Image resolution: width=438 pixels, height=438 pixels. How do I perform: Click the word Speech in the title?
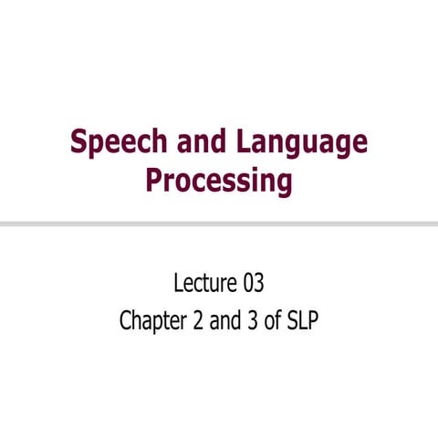tap(117, 143)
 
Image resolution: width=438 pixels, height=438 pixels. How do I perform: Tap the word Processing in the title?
tap(219, 180)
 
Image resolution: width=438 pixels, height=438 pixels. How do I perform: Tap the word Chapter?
tap(151, 322)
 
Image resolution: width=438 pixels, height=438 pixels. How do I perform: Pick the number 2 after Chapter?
tap(198, 322)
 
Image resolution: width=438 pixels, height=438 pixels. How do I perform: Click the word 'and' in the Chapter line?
tap(224, 322)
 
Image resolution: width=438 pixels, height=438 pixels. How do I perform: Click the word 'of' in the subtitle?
tap(271, 322)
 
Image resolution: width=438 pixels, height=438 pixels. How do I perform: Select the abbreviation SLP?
tap(301, 322)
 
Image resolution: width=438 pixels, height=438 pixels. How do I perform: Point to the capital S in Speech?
tap(78, 143)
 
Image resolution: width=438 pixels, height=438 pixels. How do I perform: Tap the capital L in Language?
tap(246, 143)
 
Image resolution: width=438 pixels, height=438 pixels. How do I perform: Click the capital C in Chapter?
tap(125, 322)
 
